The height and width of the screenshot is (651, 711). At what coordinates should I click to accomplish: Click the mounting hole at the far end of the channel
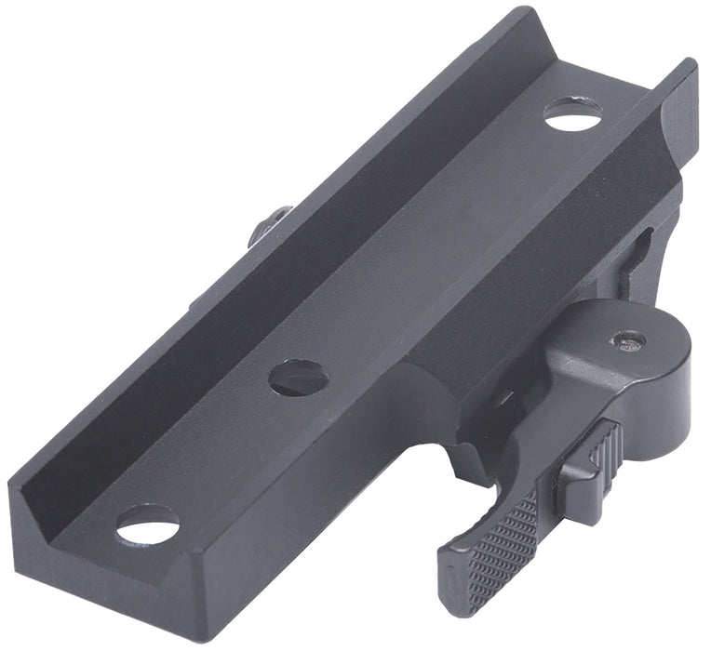tap(571, 114)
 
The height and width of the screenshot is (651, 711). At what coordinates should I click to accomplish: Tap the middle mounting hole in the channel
tap(299, 377)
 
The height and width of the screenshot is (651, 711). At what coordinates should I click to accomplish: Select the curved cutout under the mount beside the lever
tap(437, 456)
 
